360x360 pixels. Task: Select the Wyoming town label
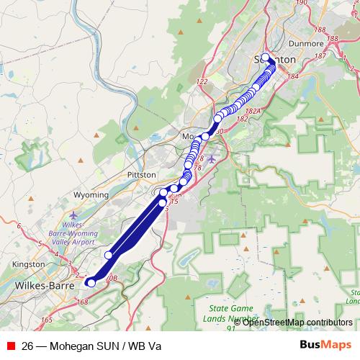click(x=91, y=195)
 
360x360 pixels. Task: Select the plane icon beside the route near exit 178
click(x=211, y=158)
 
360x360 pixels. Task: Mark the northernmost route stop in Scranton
click(x=265, y=58)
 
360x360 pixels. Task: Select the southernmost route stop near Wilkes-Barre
click(x=91, y=283)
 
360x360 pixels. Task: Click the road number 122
click(x=202, y=81)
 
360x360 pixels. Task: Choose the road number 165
click(x=48, y=319)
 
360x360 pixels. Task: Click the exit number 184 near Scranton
click(x=292, y=75)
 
